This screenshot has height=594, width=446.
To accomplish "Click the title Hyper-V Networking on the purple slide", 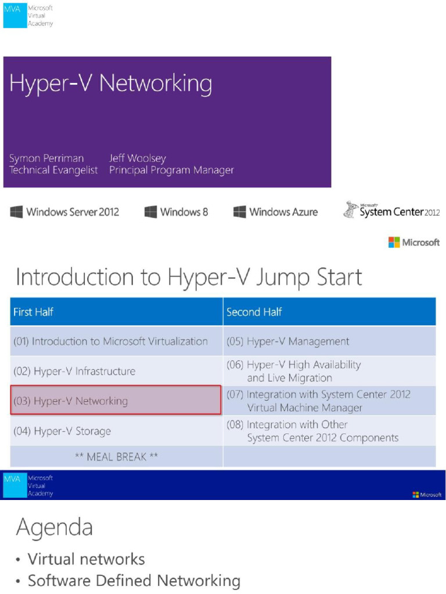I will coord(110,85).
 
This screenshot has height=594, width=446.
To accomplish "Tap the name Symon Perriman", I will coord(46,158).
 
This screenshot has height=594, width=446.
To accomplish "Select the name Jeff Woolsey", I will coord(138,158).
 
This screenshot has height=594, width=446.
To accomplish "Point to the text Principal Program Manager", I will coord(171,171).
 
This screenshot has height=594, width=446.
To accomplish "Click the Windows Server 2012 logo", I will coord(64,212).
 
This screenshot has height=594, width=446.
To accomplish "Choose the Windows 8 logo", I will coord(176,212).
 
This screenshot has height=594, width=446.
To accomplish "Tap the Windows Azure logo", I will coord(275,212).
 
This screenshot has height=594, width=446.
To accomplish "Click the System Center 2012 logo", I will coord(391,211).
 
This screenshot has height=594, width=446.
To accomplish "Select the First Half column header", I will coord(33,312).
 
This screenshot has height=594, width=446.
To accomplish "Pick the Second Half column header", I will coord(254,312).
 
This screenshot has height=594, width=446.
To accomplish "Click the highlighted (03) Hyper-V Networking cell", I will coord(116,401).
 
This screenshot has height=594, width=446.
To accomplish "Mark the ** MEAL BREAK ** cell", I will coord(116,457).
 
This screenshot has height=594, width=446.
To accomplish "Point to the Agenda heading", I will coord(54,528).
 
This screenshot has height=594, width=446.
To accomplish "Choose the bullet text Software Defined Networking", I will coord(134,581).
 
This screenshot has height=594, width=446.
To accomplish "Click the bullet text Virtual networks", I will coord(87,559).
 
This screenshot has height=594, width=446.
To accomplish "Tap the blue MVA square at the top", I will coord(15,16).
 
